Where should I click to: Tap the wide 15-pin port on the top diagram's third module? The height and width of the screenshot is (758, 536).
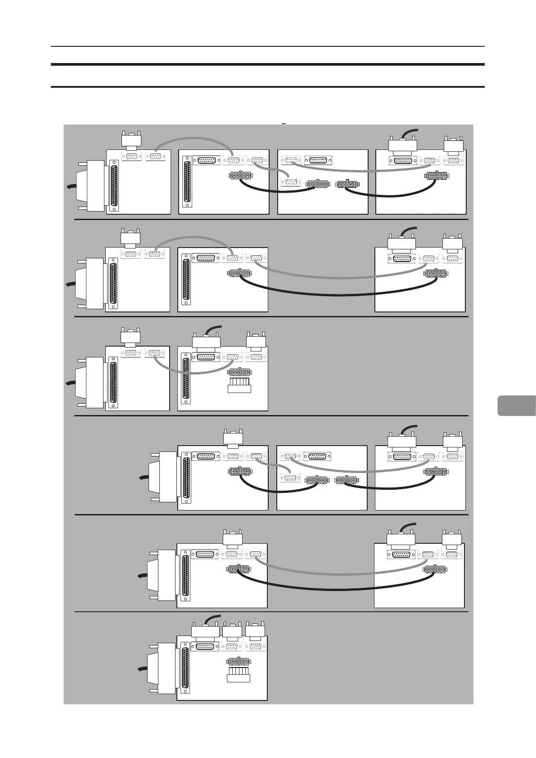(x=318, y=160)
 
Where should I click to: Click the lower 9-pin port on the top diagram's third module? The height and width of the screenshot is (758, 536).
(x=290, y=182)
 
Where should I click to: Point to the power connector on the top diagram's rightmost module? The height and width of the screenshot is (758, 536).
(x=436, y=175)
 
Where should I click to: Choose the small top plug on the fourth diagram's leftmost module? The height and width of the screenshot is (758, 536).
(x=233, y=438)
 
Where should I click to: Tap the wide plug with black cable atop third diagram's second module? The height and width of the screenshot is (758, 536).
(x=206, y=340)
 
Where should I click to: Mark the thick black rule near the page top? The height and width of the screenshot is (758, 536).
(x=268, y=65)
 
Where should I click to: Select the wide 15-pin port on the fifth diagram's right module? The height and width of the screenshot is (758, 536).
(x=401, y=555)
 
